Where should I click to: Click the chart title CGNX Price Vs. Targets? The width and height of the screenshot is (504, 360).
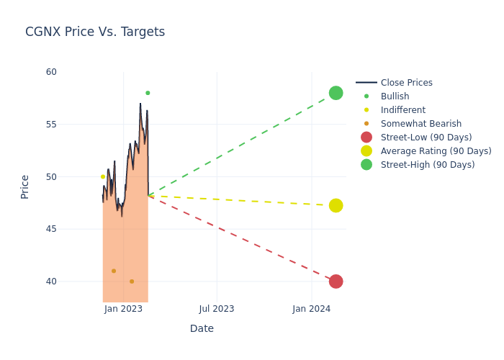[x=95, y=32]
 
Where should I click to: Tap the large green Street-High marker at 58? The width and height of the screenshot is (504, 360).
[x=336, y=93]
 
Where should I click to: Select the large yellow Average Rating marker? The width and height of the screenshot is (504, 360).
[x=336, y=205]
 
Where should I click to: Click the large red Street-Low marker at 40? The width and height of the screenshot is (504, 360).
[x=336, y=281]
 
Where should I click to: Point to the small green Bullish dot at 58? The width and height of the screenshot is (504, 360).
[x=148, y=93]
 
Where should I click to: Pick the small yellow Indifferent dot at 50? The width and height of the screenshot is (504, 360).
[x=103, y=176]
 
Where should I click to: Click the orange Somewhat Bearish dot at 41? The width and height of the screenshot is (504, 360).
[x=114, y=271]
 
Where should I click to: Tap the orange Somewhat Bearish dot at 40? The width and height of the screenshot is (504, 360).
[x=132, y=281]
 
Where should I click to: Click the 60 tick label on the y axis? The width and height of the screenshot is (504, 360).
[x=50, y=72]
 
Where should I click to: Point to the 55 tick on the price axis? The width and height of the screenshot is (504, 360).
[x=50, y=125]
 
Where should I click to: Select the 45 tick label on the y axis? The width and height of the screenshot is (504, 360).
[x=50, y=229]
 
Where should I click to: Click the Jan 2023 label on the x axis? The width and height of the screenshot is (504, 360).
[x=123, y=309]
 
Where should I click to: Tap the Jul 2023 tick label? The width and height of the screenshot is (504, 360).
[x=216, y=309]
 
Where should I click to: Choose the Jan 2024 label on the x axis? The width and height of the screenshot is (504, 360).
[x=311, y=309]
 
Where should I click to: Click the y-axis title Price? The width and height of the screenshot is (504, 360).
[x=25, y=186]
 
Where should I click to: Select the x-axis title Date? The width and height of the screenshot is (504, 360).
[x=202, y=328]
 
